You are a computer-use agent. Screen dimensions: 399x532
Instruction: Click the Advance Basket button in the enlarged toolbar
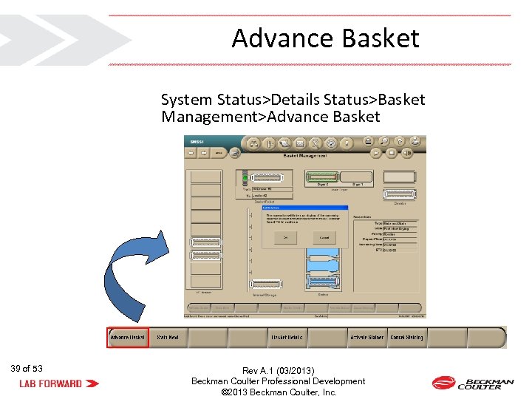coord(129,337)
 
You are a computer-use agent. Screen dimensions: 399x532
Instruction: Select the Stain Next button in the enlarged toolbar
coord(168,337)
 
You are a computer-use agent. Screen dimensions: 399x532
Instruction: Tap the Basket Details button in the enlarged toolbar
coord(287,337)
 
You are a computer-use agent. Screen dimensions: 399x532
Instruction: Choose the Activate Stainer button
coord(366,337)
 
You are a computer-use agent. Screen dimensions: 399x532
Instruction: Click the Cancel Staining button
coord(406,337)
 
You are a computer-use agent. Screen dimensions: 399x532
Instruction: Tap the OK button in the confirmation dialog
coord(284,237)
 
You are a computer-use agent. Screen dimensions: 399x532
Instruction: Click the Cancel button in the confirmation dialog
coord(324,237)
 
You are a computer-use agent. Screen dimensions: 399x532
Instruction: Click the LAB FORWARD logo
coord(59,383)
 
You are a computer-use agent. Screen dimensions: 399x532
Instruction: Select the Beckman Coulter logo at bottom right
coord(473,383)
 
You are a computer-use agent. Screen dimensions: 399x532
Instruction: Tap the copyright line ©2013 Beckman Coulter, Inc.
coord(279,392)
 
